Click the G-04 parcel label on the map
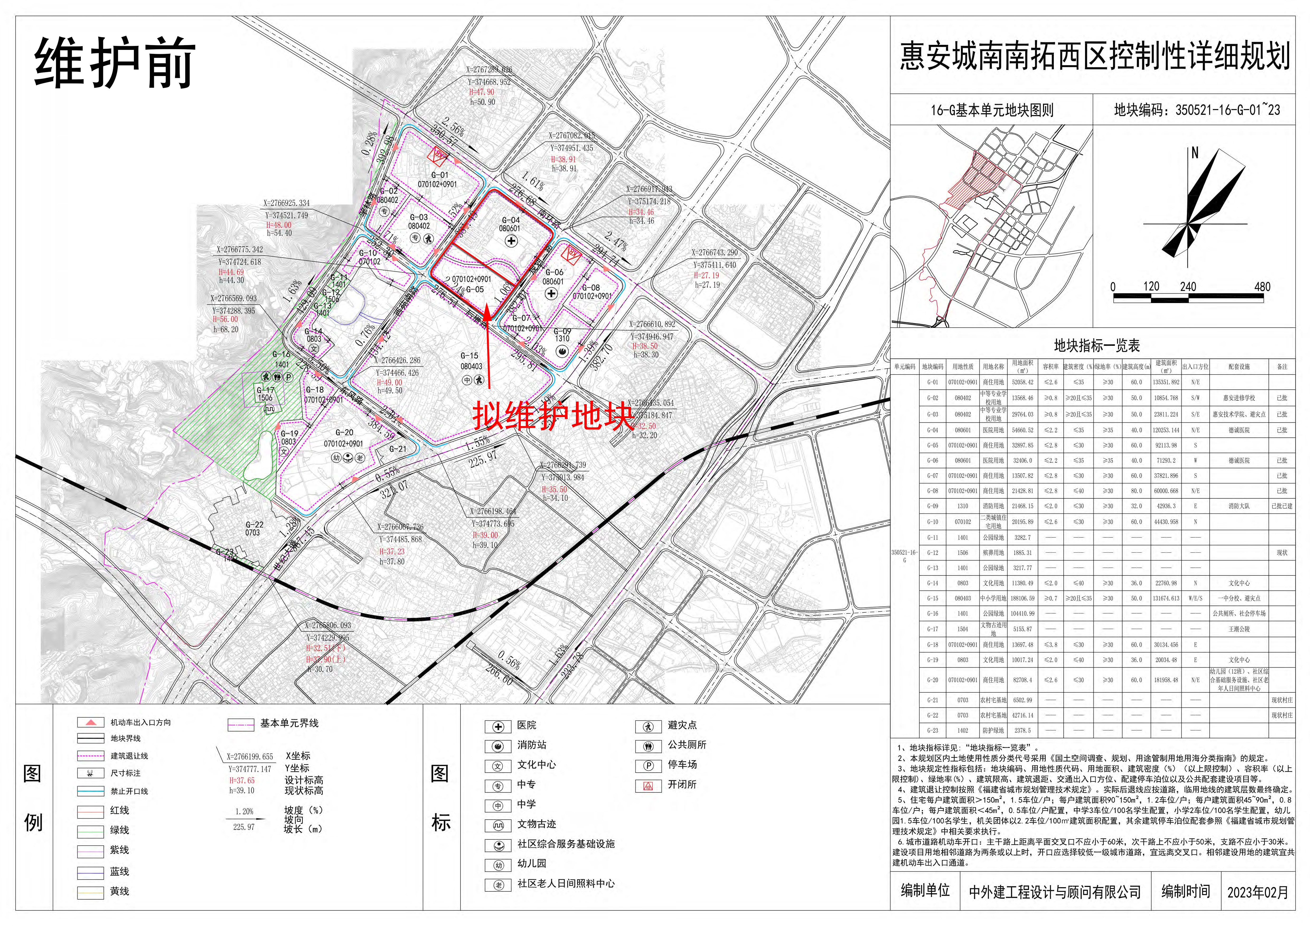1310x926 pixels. [x=511, y=220]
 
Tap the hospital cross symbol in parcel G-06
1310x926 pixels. [x=551, y=294]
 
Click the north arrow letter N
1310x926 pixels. [x=1195, y=153]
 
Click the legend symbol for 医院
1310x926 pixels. [x=498, y=726]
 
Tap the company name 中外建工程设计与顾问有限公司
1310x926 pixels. [x=1055, y=892]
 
